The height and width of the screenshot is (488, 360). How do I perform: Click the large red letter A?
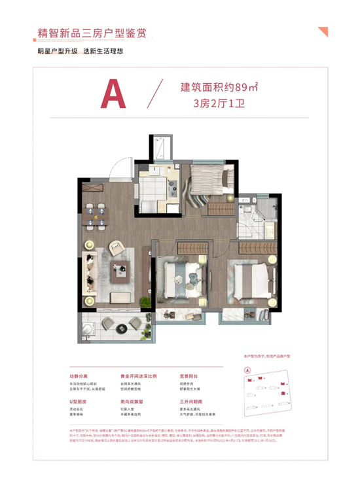pos(112,96)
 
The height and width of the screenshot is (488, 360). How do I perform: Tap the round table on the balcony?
pos(111,324)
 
